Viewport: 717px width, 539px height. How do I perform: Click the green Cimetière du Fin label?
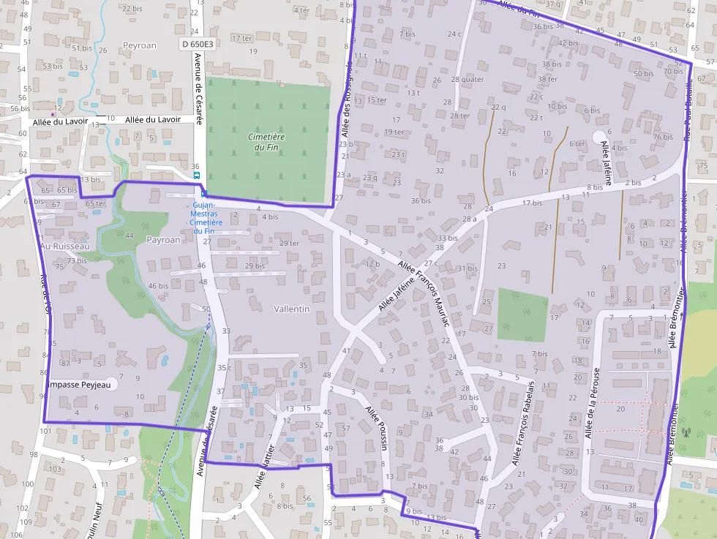coord(266,142)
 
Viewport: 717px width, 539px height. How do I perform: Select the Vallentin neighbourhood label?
coord(291,309)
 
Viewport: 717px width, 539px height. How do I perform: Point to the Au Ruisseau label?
coord(64,246)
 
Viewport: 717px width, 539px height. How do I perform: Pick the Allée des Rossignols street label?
coord(347,100)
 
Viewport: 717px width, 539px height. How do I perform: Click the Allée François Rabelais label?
coord(524,423)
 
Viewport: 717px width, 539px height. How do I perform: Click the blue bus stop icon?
coord(196,176)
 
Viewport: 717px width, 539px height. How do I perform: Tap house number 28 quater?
coord(468,79)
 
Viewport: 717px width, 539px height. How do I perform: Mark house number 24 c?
coord(455,34)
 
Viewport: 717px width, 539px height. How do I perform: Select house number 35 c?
coord(224,368)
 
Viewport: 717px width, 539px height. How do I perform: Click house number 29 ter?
coord(289,243)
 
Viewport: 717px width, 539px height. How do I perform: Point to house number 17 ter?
coord(242,37)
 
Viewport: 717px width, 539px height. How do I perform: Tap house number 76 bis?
coord(663,137)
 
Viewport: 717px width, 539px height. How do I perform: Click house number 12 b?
coord(373,263)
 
